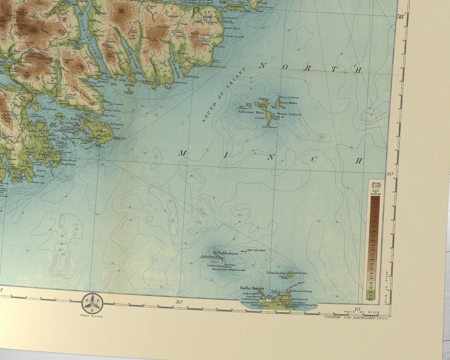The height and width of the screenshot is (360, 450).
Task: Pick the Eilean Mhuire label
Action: click(288, 103)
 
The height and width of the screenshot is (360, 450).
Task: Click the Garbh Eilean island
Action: click(261, 106)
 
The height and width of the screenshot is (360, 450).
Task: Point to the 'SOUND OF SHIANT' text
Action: click(223, 95)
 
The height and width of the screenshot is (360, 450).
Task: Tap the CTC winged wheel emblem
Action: click(92, 303)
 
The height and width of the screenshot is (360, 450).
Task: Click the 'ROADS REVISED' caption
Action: click(92, 317)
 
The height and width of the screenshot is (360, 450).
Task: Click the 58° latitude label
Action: click(401, 16)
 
